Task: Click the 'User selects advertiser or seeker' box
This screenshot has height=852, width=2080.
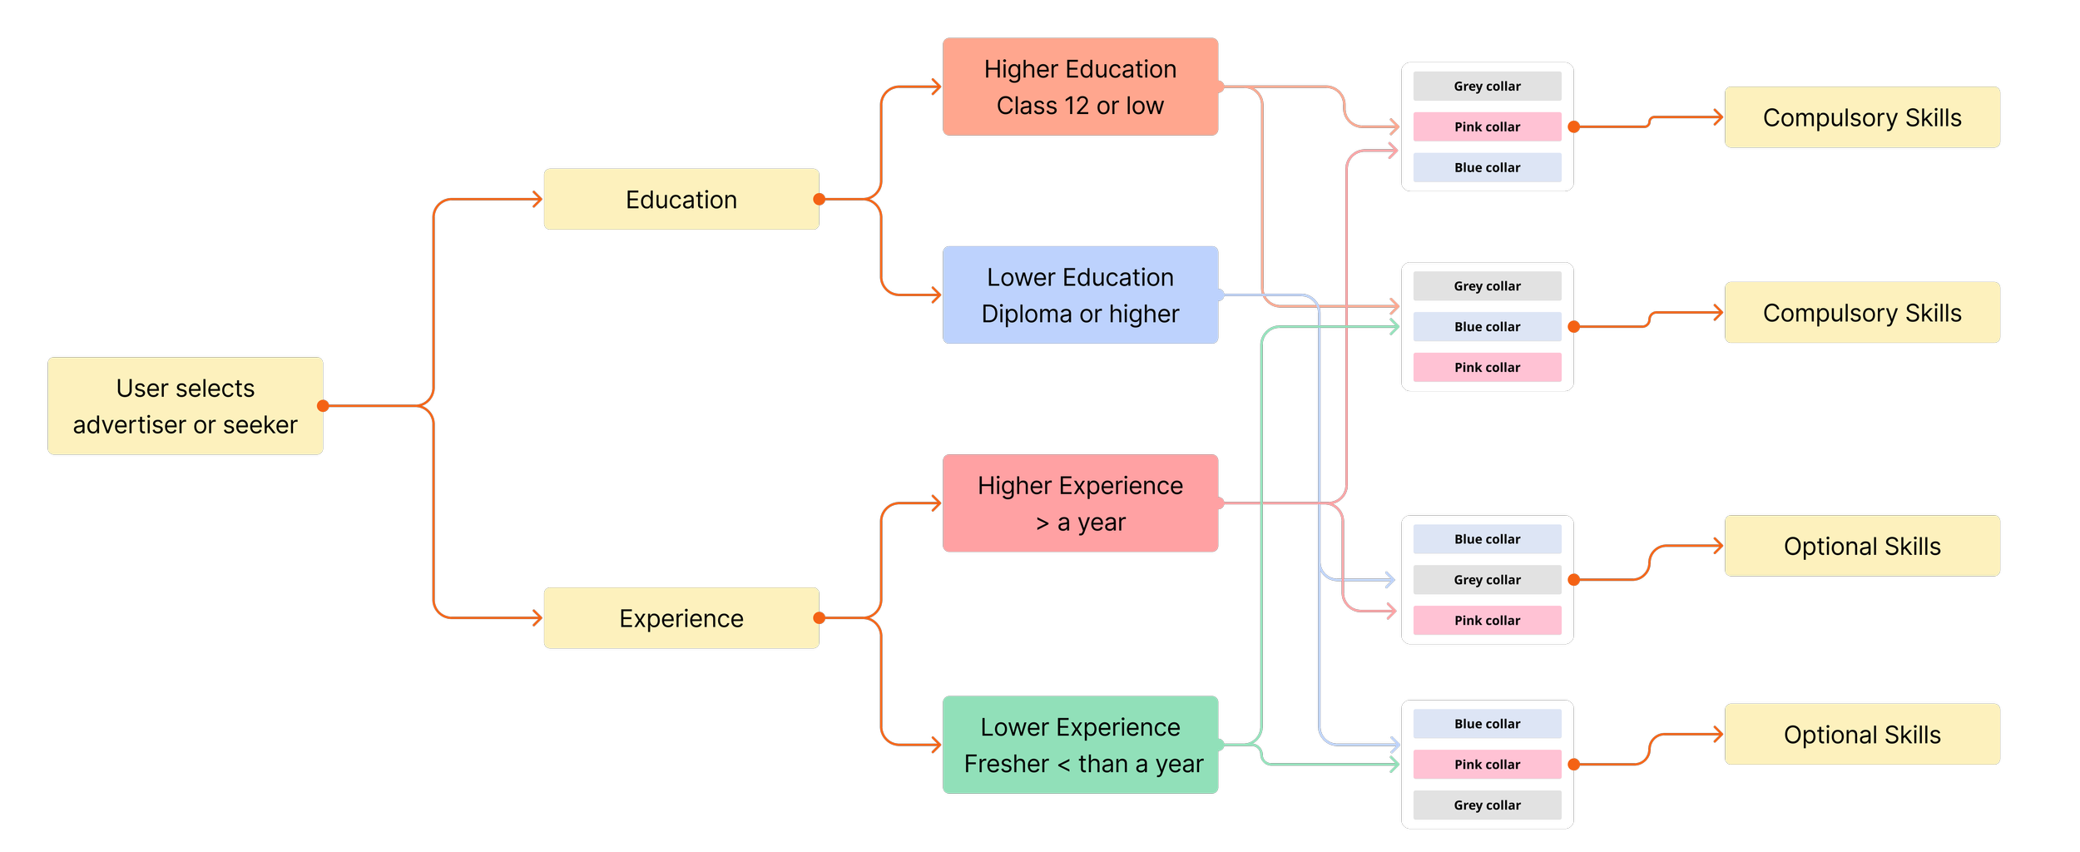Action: (x=185, y=406)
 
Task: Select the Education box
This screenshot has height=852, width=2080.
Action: (x=681, y=200)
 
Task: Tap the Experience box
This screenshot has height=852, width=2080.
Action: (x=681, y=618)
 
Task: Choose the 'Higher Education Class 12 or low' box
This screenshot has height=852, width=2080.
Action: (x=1080, y=87)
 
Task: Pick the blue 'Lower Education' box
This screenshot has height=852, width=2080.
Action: (x=1080, y=295)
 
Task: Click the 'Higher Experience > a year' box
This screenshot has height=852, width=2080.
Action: (x=1080, y=503)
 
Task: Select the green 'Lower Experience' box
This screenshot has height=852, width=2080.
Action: (x=1080, y=745)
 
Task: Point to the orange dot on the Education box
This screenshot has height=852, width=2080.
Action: (x=820, y=200)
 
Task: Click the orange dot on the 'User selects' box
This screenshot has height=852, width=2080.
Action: (x=323, y=406)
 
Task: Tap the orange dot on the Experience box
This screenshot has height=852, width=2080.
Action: (x=820, y=618)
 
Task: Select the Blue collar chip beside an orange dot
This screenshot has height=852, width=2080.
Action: (x=1487, y=327)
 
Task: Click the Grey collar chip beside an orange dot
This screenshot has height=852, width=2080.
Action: (x=1487, y=580)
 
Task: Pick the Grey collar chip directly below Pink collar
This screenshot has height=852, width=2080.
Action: (x=1487, y=805)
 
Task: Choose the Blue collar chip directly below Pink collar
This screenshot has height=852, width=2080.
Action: (x=1487, y=168)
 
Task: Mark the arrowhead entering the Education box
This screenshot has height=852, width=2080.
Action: (x=537, y=200)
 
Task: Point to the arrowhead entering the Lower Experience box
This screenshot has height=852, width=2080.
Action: (x=936, y=745)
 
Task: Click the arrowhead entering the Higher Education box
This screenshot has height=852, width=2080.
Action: (x=936, y=87)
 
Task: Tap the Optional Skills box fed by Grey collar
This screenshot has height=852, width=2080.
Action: (x=1862, y=546)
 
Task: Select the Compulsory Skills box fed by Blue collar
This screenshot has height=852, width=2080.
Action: (x=1862, y=313)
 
